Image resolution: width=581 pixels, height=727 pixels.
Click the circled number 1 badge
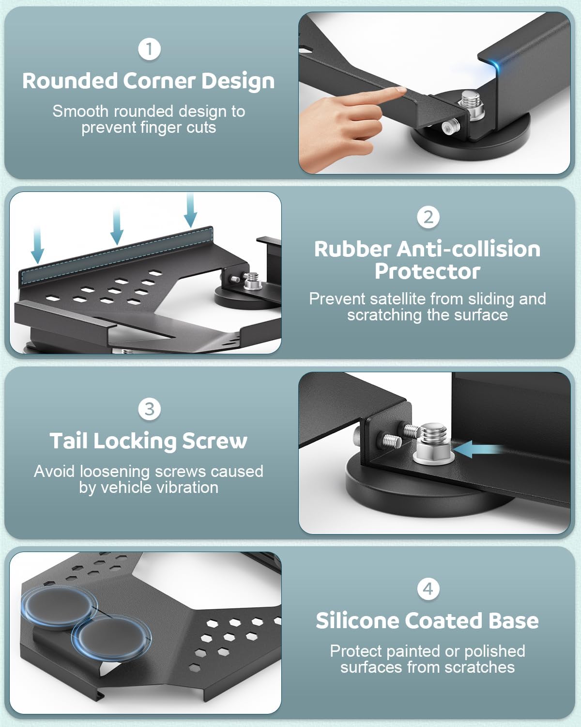coord(149,49)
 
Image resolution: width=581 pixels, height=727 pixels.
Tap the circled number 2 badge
coord(428,217)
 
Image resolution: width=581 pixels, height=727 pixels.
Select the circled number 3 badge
coord(149,409)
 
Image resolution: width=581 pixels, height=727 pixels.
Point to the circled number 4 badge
coord(428,589)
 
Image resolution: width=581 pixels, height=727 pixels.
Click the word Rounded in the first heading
coord(70,81)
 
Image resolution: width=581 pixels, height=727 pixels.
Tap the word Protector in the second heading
coord(428,271)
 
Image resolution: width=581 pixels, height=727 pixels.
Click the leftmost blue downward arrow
coord(37,247)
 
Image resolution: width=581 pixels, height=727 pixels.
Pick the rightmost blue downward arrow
coord(190,210)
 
